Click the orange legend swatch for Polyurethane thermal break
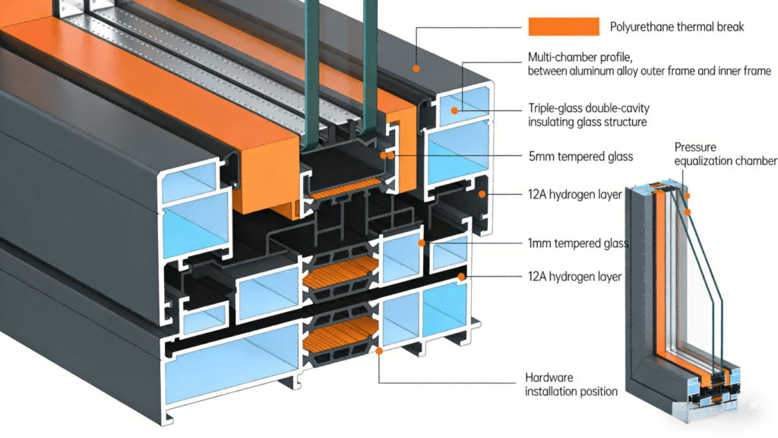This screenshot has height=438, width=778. click(564, 27)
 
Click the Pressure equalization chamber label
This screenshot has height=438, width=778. click(726, 154)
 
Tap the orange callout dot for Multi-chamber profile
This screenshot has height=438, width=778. click(416, 68)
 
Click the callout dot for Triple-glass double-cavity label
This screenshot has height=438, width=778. click(454, 111)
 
